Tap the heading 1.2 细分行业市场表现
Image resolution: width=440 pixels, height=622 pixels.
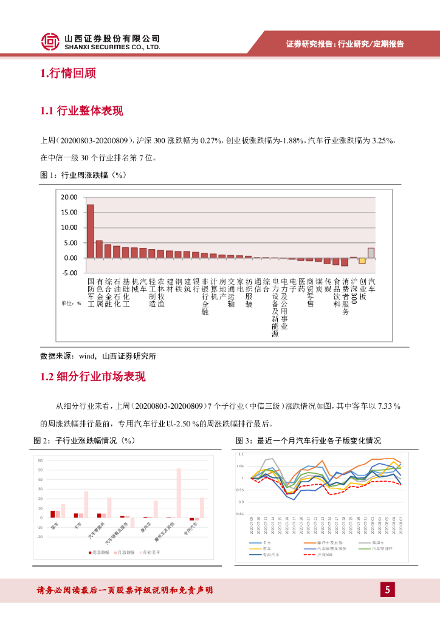pos(93,377)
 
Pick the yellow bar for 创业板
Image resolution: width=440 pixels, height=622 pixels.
pos(362,261)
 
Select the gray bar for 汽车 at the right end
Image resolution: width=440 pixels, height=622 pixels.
pos(371,253)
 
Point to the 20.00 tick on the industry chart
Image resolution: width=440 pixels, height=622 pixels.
pos(69,197)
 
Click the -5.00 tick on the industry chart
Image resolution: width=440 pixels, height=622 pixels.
pos(69,273)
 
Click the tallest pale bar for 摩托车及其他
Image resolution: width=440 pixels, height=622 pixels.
pos(179,493)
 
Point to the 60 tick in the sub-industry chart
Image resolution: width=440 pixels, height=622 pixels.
pos(40,460)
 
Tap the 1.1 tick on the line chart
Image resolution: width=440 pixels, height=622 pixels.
pos(241,454)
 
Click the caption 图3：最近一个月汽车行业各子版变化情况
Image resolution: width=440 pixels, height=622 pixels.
pos(308,440)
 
